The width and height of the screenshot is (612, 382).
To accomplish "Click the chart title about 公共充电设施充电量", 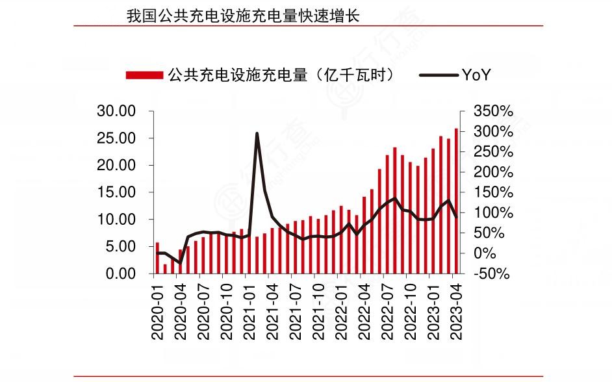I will (243, 16).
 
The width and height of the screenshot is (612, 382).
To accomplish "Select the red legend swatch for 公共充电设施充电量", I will (144, 75).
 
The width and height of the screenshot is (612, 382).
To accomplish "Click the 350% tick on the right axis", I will (493, 112).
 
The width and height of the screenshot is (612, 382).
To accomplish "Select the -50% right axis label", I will (492, 274).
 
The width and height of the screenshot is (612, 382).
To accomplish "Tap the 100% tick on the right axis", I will (493, 213).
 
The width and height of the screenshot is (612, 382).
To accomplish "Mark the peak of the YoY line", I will (257, 134).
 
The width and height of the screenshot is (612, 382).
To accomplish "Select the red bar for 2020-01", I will (157, 258).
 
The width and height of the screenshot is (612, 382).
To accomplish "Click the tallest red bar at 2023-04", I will (456, 201).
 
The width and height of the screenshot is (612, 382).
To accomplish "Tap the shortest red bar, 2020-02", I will (165, 269).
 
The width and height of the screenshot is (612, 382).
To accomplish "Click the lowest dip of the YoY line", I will (181, 262).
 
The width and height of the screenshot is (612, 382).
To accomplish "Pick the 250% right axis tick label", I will (493, 152).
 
